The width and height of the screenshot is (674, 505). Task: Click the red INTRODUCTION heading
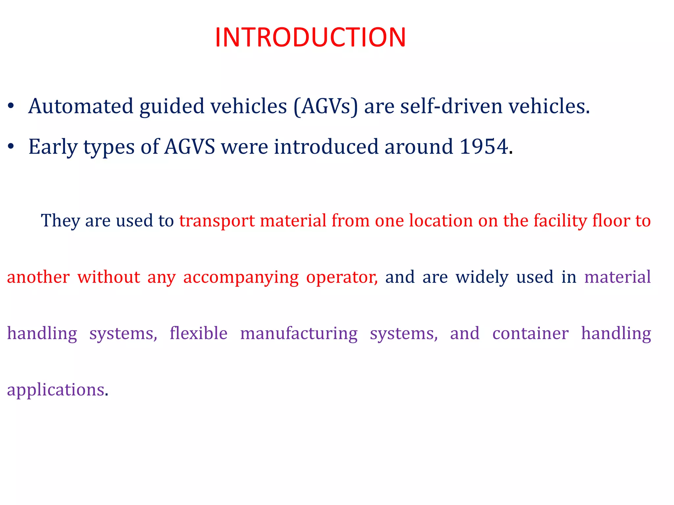[x=310, y=37]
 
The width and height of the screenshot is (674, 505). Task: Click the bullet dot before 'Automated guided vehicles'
[x=11, y=106]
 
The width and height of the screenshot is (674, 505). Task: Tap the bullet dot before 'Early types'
[x=11, y=147]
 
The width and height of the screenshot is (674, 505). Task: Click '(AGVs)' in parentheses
[x=325, y=106]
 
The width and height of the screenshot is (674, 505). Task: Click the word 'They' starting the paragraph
[x=60, y=221]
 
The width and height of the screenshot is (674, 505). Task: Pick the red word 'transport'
[x=217, y=221]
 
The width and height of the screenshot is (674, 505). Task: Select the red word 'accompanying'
[x=241, y=277]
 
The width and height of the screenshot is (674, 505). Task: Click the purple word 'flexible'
[x=198, y=333]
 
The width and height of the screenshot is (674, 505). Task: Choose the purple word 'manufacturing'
[x=298, y=333]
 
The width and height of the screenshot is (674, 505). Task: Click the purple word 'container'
[x=530, y=333]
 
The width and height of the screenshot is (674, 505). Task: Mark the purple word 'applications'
[x=56, y=390]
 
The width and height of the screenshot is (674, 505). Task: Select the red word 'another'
[x=38, y=277]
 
